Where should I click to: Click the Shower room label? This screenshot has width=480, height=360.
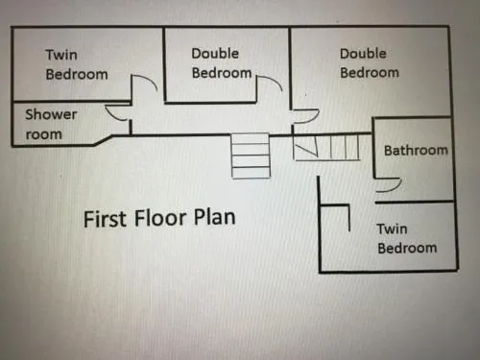pos(51,124)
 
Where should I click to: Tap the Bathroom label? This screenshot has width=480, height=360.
pos(416,150)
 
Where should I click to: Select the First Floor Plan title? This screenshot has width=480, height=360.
pos(159,218)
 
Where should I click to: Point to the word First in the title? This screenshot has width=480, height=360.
pos(104,219)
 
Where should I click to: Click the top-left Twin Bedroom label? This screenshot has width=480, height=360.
pos(77,64)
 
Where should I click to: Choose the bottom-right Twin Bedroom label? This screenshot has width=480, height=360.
pos(407,238)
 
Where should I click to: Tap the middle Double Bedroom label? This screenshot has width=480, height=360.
pos(222,63)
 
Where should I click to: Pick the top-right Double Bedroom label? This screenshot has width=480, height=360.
pos(370,63)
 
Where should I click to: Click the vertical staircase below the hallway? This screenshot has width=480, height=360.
pos(251,156)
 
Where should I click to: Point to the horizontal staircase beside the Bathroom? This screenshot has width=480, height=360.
pos(326,147)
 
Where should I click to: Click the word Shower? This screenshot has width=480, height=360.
pos(51,114)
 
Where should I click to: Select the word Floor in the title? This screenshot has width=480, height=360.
pos(159,218)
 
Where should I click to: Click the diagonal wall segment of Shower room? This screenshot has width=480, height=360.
pos(103,141)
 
